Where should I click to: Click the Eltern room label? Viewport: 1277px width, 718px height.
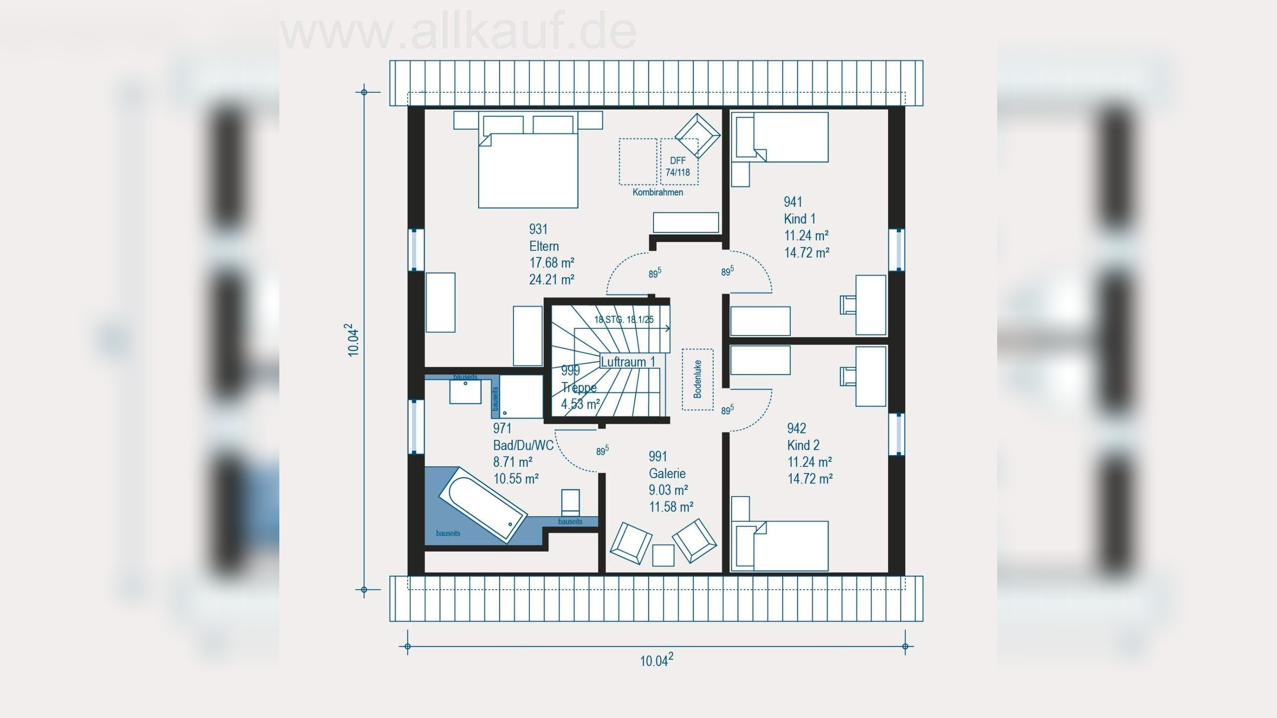tap(544, 246)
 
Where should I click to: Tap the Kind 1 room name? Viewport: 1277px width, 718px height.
tap(799, 218)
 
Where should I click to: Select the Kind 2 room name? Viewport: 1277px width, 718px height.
tap(803, 445)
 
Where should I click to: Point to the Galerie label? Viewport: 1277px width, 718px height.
tap(667, 473)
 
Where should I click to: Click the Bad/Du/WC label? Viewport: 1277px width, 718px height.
tap(523, 445)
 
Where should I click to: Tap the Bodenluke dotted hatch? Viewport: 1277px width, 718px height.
tap(697, 379)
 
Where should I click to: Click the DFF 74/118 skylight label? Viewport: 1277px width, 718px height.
tap(678, 167)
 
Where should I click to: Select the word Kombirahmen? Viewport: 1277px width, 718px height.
tap(658, 192)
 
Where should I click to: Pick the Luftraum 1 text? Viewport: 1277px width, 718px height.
tap(628, 362)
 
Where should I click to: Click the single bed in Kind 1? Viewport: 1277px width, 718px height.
tap(780, 137)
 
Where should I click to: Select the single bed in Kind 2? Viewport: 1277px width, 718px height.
tap(780, 546)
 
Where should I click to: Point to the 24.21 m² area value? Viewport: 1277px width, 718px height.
tap(551, 279)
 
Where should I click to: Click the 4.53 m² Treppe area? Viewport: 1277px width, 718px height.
tap(580, 404)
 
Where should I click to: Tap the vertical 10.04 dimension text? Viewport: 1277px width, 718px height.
tap(353, 341)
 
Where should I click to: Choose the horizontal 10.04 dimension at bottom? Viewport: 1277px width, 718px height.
tap(656, 660)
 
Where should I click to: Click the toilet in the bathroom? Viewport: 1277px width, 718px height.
tap(571, 502)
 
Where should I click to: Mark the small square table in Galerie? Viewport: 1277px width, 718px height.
tap(663, 555)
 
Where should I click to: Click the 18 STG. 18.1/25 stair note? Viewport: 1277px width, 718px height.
tap(624, 320)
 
